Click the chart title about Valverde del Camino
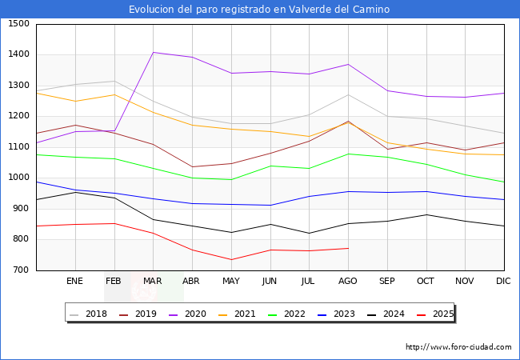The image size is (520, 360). (x=259, y=10)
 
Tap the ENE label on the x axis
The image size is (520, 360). (x=74, y=282)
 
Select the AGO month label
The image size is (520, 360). (x=348, y=282)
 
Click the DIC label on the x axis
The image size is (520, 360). (x=503, y=282)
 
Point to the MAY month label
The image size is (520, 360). (x=230, y=282)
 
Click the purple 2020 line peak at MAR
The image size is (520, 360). (x=153, y=52)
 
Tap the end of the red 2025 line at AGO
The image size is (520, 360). (x=348, y=248)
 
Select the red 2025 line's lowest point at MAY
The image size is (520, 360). (x=230, y=259)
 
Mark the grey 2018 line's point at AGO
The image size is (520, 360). (x=348, y=94)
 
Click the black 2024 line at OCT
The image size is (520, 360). (x=426, y=214)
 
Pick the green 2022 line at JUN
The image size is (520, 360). (x=270, y=166)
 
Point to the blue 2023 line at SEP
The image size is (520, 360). (x=387, y=192)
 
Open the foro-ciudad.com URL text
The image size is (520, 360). (x=458, y=347)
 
